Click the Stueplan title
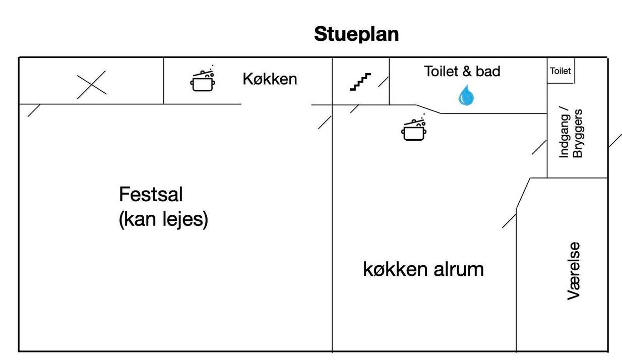tap(356, 34)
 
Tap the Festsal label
tap(151, 194)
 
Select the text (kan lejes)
tap(163, 219)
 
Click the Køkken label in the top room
tap(270, 79)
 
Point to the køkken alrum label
tap(423, 269)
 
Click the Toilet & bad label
tap(462, 71)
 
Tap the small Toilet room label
tap(561, 71)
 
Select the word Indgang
tap(564, 132)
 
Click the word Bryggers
tap(578, 133)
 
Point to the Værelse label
tap(574, 271)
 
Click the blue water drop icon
tap(466, 95)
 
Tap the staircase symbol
tap(360, 82)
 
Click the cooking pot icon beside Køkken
tap(203, 78)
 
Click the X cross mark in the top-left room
tap(91, 85)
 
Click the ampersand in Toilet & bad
tap(467, 72)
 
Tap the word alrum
tap(459, 269)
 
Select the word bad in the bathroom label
tap(488, 72)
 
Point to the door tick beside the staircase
tap(384, 82)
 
